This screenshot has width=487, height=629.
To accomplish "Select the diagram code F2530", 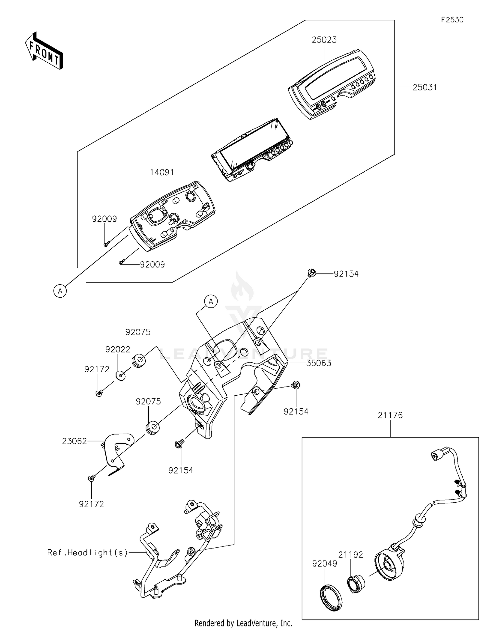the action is (x=452, y=20).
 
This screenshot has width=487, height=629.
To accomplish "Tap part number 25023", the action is (x=324, y=40).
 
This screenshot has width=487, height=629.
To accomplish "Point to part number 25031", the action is (x=425, y=87).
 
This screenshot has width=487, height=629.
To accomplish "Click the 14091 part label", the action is (x=162, y=172).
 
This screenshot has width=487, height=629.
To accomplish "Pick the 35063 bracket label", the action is (x=319, y=363).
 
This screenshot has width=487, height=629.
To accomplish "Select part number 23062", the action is (x=75, y=441).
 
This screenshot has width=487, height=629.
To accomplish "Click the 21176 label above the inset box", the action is (x=390, y=415).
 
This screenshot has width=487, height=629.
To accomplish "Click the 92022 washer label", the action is (x=118, y=350).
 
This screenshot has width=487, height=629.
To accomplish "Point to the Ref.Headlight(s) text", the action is (x=88, y=552).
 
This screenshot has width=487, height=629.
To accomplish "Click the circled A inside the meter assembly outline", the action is (x=60, y=291).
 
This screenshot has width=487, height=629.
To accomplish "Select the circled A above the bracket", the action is (x=211, y=302).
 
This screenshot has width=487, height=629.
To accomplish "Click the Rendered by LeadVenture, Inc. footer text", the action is (x=243, y=623).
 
